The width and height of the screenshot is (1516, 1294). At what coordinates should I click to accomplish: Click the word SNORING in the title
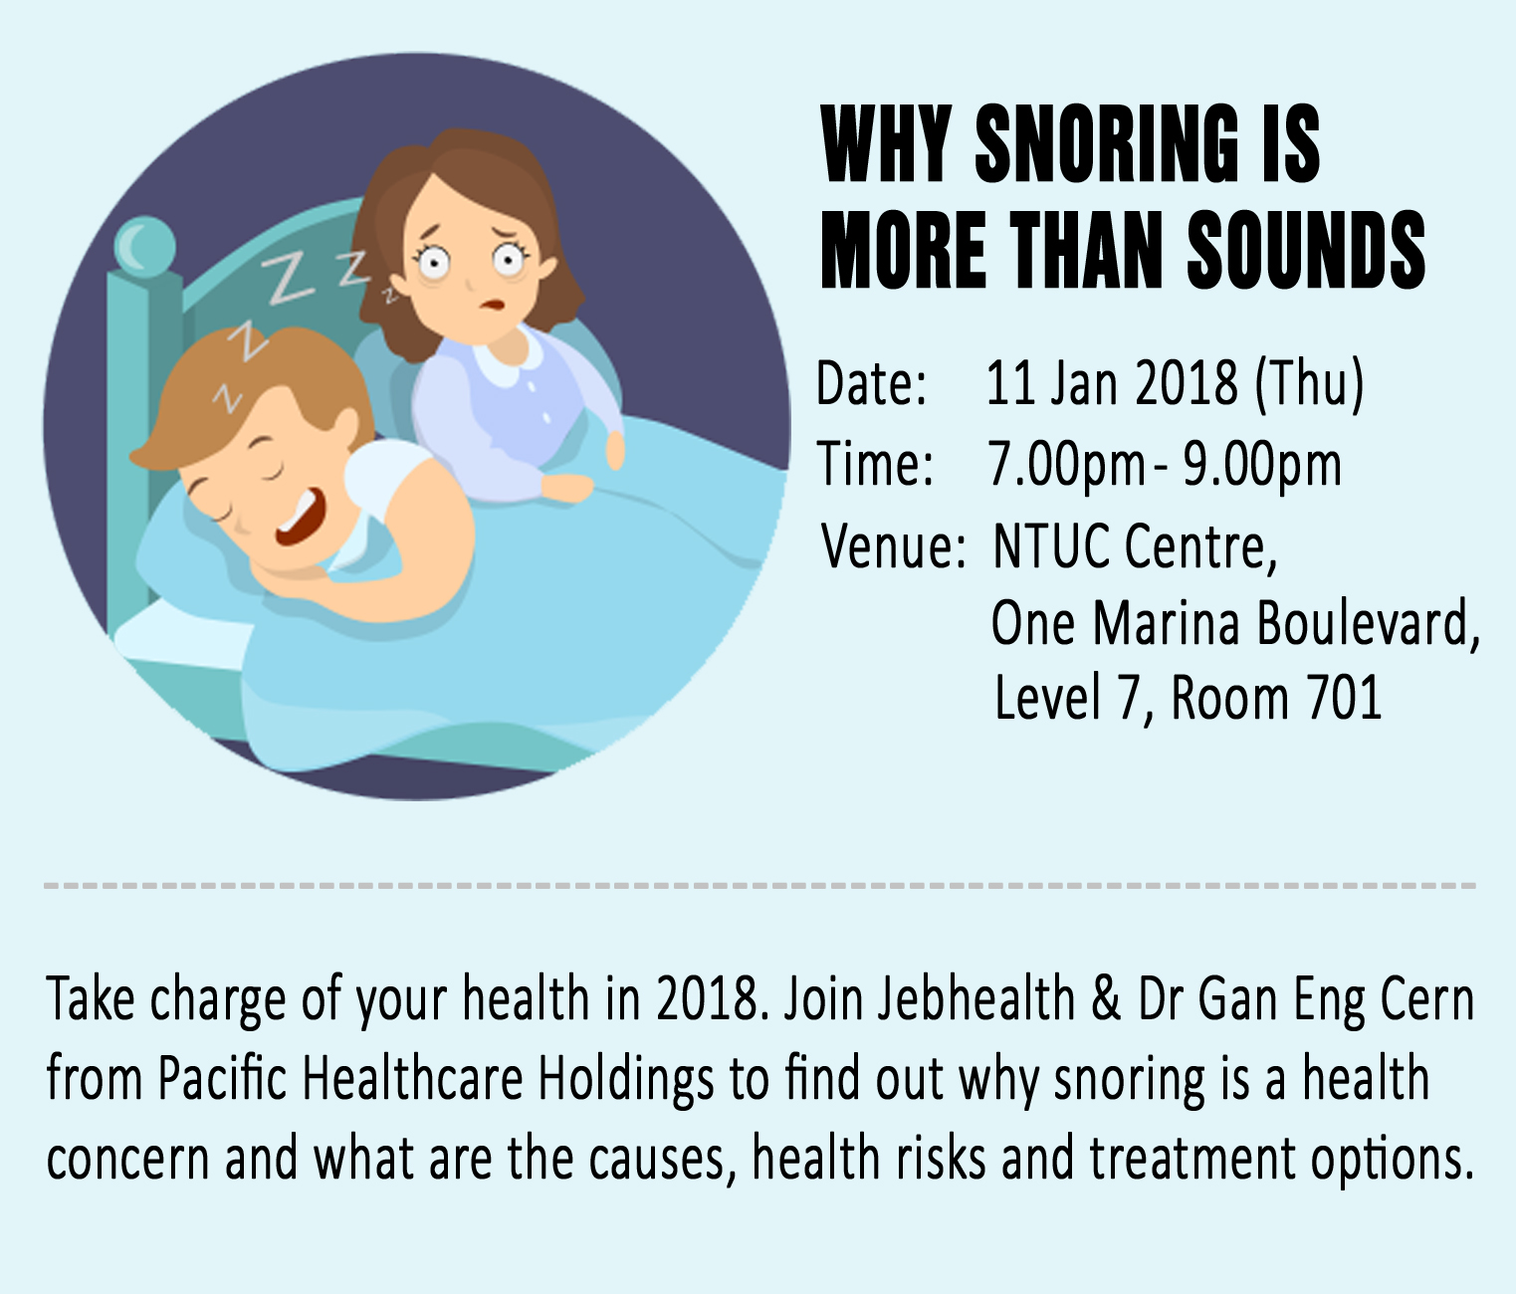coord(1107,145)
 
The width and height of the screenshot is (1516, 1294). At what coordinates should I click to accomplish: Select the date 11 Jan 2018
coord(1112,383)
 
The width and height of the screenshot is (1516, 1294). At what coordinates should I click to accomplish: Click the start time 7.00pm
coord(1065,465)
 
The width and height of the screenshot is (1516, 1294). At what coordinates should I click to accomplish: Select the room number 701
coord(1344,698)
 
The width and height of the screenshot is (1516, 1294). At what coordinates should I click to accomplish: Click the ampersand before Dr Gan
coord(1106,999)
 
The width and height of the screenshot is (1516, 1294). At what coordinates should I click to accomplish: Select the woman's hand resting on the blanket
coord(568,487)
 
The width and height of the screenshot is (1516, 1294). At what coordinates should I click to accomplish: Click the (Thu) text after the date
coord(1309,383)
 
